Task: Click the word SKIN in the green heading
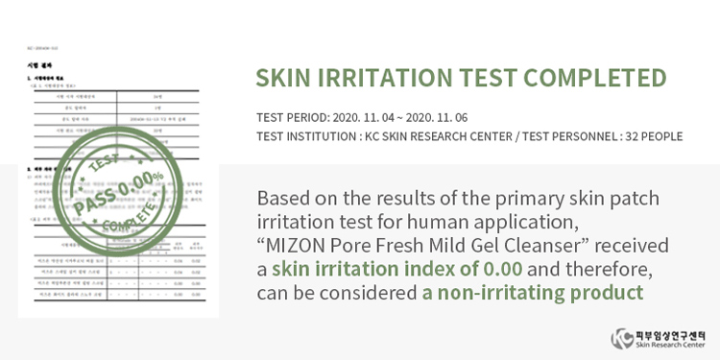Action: [x=287, y=79]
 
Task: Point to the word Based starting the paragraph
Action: [x=284, y=199]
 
